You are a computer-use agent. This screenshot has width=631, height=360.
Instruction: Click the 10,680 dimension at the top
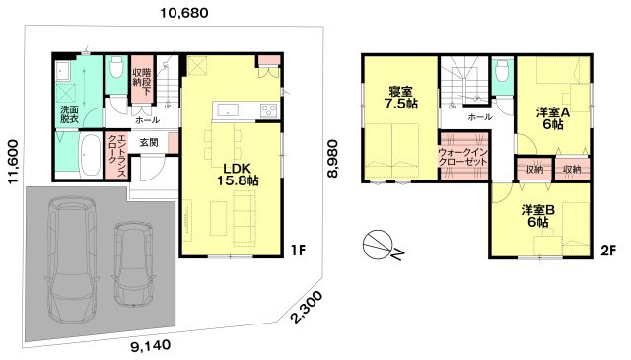coord(184,13)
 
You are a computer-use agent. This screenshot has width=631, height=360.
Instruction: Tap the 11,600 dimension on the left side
coord(13,162)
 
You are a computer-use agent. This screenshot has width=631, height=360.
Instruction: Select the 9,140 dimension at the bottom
coord(151,345)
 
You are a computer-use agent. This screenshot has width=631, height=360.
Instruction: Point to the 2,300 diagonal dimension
coord(307,307)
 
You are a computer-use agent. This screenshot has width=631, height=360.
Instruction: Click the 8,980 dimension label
coord(332,158)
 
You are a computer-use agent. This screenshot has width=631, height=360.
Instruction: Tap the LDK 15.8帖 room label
coord(238,174)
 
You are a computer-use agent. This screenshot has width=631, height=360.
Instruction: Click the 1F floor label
coord(298,251)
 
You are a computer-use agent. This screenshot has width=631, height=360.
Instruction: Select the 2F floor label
coord(608,251)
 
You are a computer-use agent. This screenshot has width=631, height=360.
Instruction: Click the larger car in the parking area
coord(71,258)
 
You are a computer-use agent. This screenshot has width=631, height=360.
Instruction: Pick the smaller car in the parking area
coord(133,264)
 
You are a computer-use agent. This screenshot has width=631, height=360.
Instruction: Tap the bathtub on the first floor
coord(91,156)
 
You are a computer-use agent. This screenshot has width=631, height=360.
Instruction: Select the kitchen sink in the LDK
coord(228,109)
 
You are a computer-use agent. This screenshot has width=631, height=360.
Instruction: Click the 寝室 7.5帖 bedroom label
coord(400,98)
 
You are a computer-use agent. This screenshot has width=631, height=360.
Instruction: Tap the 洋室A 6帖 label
coord(552,118)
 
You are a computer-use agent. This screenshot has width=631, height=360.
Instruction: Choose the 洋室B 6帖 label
coord(538,215)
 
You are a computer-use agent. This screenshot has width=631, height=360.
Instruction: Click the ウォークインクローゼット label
coord(462,157)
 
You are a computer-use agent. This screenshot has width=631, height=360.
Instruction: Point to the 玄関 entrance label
coord(149,142)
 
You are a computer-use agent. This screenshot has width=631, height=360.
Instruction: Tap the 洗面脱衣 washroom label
coord(69,114)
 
